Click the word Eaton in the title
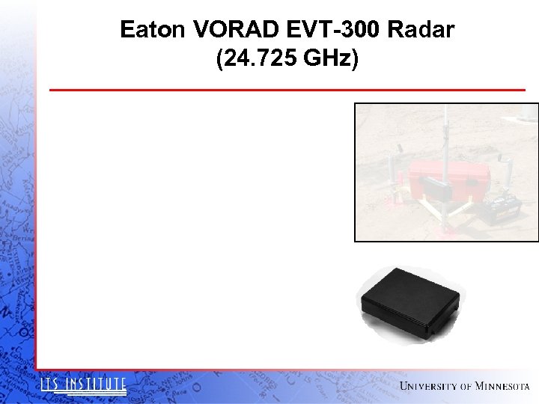[153, 30]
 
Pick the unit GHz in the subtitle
[332, 58]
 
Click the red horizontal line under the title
[287, 90]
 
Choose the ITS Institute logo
[83, 385]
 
